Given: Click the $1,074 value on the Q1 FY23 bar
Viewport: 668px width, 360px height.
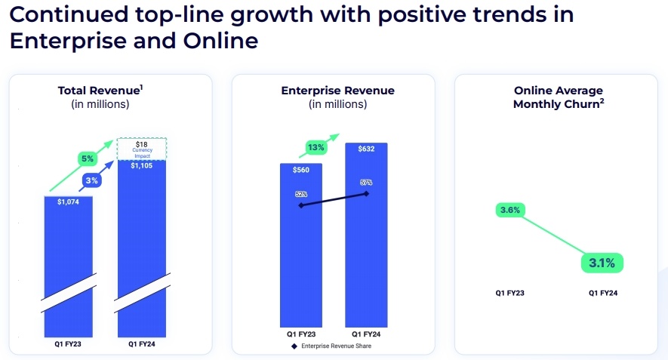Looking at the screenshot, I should click(x=69, y=202).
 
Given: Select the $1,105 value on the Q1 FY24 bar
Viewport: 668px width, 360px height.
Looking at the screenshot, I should click(x=142, y=165).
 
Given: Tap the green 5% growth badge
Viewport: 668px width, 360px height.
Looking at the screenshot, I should click(x=88, y=159).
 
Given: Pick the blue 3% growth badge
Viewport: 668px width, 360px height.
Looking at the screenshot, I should click(x=91, y=180).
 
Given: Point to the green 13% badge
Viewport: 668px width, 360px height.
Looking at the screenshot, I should click(x=316, y=146).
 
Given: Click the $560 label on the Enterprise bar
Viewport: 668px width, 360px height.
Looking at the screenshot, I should click(x=301, y=170).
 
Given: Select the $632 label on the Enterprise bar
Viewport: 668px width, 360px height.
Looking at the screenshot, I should click(x=366, y=149).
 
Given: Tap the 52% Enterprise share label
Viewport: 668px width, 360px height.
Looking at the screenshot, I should click(x=301, y=194).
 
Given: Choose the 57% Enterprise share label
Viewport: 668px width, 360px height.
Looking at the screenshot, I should click(x=366, y=182).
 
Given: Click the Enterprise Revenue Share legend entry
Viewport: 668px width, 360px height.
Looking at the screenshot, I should click(x=333, y=346).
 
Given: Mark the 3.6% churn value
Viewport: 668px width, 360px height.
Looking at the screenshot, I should click(x=509, y=210).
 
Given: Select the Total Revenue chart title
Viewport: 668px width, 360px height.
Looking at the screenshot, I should click(x=100, y=91).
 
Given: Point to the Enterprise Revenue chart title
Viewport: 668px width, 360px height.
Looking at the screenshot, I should click(x=337, y=91).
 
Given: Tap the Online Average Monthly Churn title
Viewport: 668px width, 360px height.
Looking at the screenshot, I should click(x=558, y=97).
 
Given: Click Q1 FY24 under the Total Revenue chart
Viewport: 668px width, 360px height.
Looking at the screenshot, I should click(x=142, y=344).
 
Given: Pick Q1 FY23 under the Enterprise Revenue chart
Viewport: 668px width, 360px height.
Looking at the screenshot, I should click(x=301, y=334).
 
